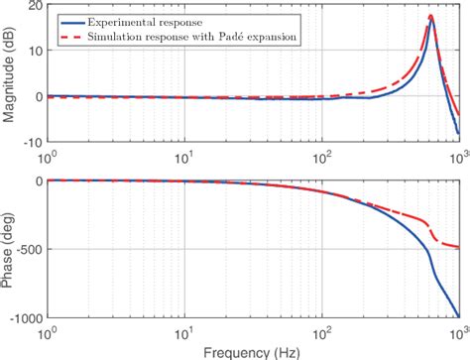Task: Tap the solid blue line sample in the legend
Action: pos(72,20)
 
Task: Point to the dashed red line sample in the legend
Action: pos(72,36)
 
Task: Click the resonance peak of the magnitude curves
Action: pos(431,17)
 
